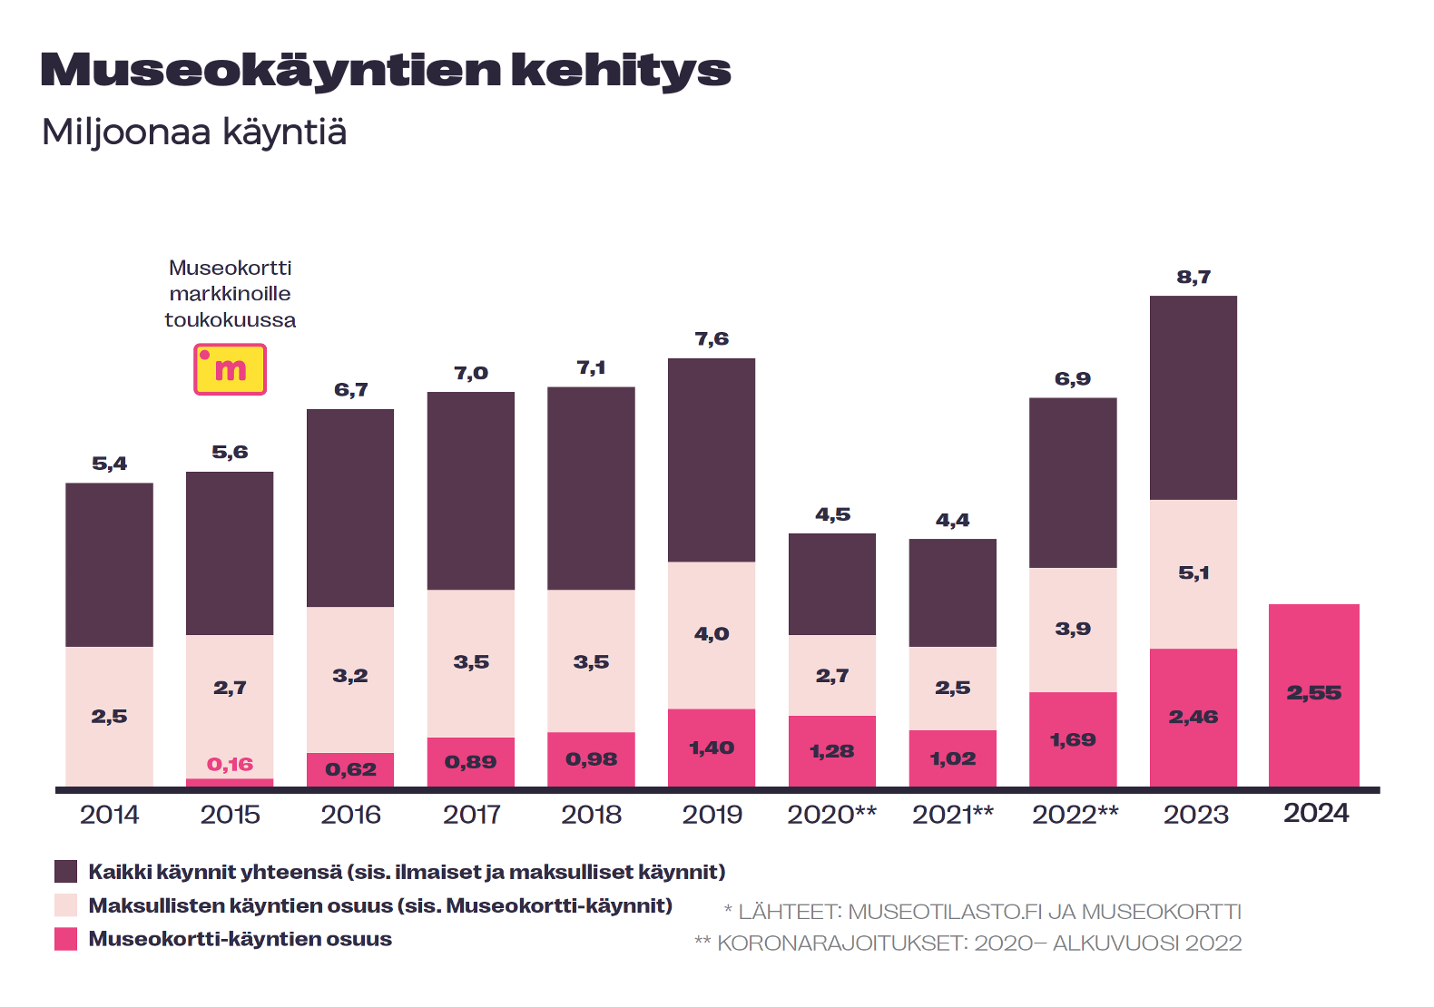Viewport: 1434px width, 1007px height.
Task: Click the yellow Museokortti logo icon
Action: pos(230,369)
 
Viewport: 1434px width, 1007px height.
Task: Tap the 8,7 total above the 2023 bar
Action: pos(1193,278)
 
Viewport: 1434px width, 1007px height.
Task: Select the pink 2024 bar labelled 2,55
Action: pos(1313,694)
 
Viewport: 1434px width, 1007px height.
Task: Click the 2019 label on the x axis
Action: pos(712,815)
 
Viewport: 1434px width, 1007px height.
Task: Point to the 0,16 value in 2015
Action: pos(230,765)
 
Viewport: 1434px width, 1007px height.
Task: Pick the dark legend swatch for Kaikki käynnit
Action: pos(66,872)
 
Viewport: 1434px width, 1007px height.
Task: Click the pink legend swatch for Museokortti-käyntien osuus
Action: pos(66,939)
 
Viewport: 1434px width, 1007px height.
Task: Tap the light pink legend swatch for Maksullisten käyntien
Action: pos(66,905)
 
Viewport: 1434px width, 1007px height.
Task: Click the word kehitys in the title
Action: pos(621,71)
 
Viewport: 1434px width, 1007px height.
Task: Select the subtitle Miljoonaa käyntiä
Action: pos(194,132)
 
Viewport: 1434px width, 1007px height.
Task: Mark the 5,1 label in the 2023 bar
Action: pos(1193,573)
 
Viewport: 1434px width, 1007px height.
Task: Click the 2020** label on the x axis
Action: pos(831,815)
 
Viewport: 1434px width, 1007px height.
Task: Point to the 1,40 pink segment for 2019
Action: pos(712,748)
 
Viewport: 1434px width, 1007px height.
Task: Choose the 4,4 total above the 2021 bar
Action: pos(952,521)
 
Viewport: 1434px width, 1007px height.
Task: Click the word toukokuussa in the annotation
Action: pos(230,320)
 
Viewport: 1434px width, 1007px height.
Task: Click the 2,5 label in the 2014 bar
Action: pos(109,717)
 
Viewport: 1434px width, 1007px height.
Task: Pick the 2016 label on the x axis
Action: pos(350,815)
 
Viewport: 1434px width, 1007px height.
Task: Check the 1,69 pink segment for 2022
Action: pos(1073,740)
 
